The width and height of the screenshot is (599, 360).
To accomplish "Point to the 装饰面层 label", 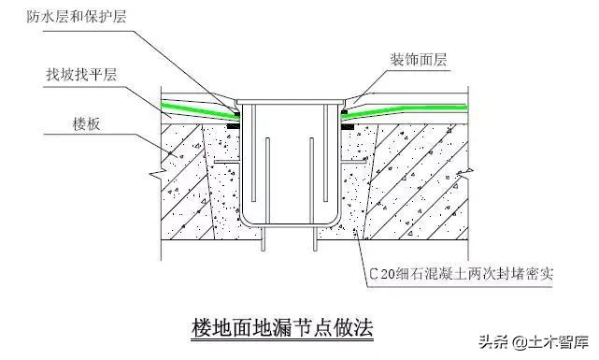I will pyautogui.click(x=418, y=59).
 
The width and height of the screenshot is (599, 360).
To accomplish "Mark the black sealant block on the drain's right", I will pyautogui.click(x=346, y=114).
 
